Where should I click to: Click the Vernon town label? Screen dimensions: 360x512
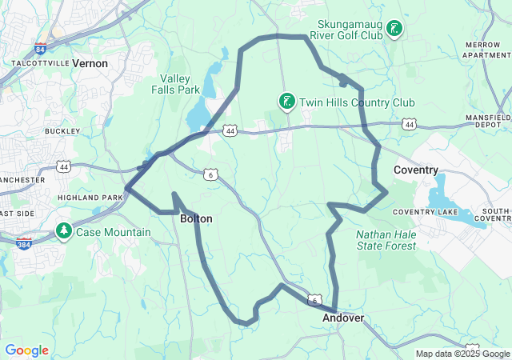90,62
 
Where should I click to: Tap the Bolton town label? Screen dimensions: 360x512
196,218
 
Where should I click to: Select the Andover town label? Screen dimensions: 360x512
343,318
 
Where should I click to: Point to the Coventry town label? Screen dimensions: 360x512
416,170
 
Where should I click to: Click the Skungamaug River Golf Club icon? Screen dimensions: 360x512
394,30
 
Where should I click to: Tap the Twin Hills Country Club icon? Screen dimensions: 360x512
286,102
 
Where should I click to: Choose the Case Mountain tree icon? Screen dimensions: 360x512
63,231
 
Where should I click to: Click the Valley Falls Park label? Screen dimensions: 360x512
179,84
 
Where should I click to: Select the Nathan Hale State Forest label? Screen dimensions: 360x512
386,240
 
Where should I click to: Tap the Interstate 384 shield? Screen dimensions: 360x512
24,242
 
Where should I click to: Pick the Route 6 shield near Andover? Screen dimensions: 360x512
314,300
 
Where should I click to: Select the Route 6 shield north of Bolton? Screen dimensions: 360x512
210,174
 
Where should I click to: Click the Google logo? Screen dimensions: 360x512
26,350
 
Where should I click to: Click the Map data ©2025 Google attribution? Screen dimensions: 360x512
462,354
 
